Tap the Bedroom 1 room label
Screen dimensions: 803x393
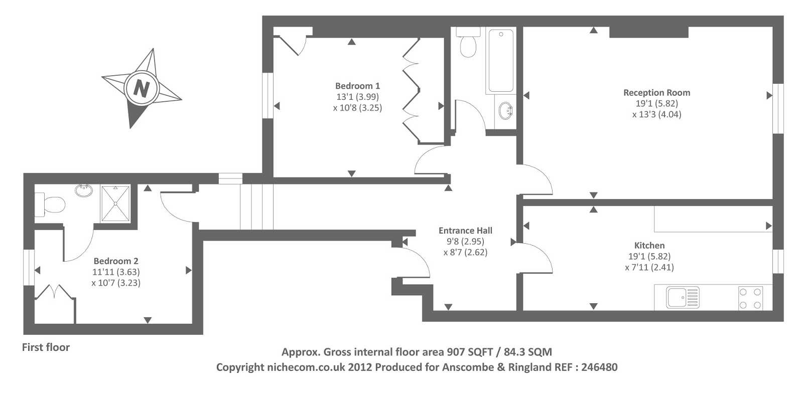tap(357, 86)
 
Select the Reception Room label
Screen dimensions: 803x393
tap(657, 93)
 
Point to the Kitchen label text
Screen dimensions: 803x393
tap(649, 246)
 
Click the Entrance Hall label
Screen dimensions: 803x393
tap(465, 231)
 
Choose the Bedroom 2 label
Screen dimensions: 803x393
tap(116, 261)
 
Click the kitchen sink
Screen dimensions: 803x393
tap(683, 297)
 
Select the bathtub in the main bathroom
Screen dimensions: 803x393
tap(501, 61)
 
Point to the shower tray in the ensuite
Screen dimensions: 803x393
tap(115, 204)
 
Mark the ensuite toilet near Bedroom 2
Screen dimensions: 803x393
tap(50, 205)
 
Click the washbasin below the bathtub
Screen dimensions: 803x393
tap(505, 111)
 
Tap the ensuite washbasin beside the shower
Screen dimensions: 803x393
tap(84, 190)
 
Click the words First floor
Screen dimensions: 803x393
tap(46, 347)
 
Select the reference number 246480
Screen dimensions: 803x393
tap(599, 367)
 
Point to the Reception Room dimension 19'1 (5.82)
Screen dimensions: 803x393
tap(657, 103)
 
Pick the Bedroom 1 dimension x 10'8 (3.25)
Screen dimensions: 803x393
tap(357, 108)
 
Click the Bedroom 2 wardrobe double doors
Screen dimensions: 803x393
tap(55, 291)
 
